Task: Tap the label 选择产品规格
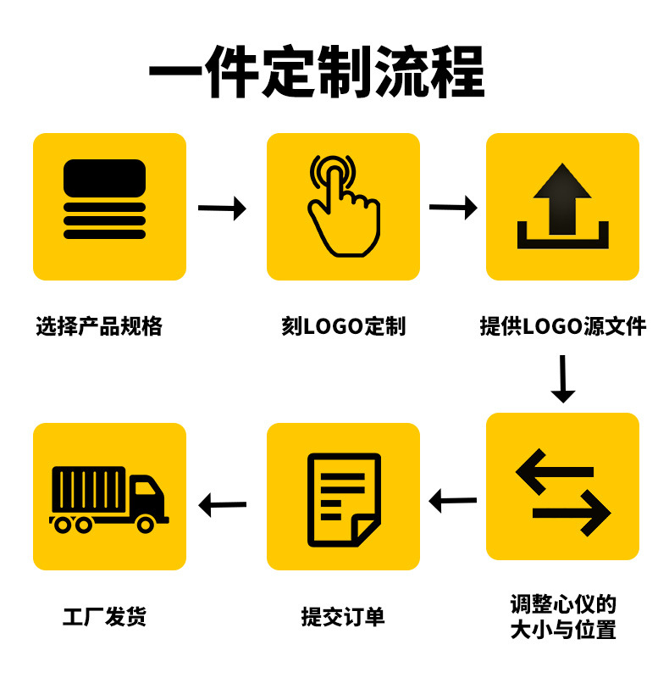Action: click(x=99, y=325)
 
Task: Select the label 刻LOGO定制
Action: click(x=343, y=325)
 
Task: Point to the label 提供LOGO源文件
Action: click(x=562, y=325)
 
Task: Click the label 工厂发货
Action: click(x=104, y=616)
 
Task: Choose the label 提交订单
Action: click(x=343, y=616)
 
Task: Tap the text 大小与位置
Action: click(x=563, y=630)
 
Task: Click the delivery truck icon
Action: click(x=108, y=498)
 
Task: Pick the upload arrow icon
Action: click(x=562, y=205)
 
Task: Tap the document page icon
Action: click(x=342, y=498)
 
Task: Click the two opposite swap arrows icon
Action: click(x=562, y=492)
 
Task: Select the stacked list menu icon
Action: click(x=104, y=199)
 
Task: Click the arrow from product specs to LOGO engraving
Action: click(x=222, y=208)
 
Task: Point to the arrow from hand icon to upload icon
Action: click(x=453, y=207)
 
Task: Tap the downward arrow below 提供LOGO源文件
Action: click(x=562, y=379)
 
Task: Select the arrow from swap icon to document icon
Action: click(x=453, y=501)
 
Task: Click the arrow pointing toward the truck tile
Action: click(x=222, y=505)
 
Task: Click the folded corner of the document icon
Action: click(x=365, y=531)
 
